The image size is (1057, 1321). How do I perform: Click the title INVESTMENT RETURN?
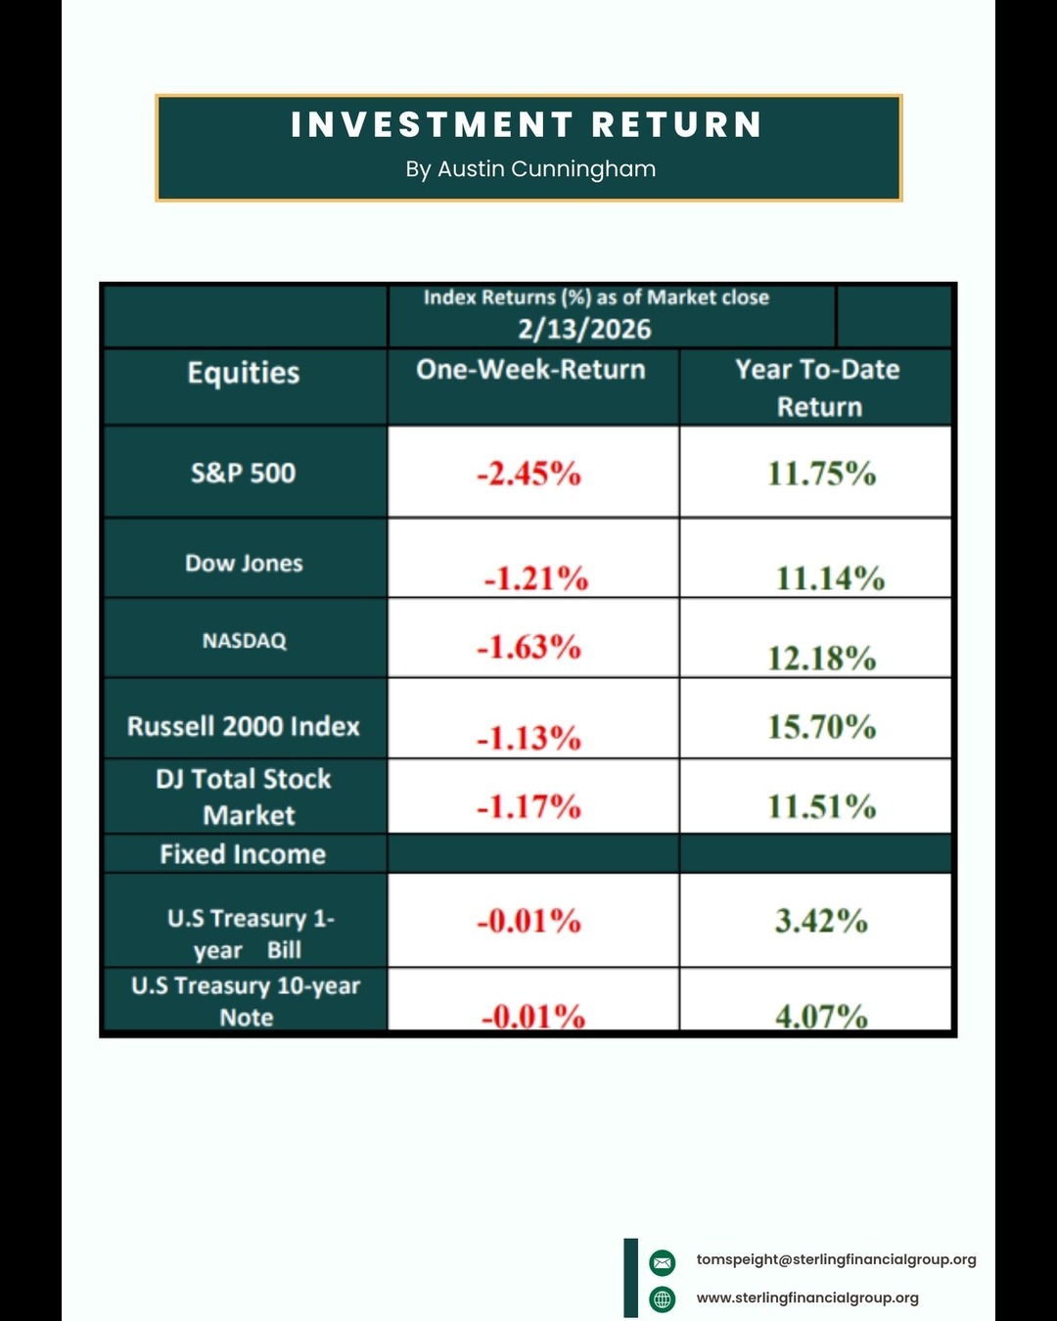click(x=527, y=125)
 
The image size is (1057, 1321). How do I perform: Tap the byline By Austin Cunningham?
click(x=530, y=169)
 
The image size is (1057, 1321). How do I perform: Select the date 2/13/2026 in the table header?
click(x=584, y=329)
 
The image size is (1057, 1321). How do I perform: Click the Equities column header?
click(x=244, y=373)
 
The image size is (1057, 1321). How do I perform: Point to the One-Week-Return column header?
click(x=530, y=370)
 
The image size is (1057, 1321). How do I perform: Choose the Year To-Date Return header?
click(x=817, y=387)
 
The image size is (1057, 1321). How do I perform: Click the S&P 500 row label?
click(x=243, y=474)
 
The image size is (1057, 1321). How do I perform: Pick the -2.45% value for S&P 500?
click(x=528, y=475)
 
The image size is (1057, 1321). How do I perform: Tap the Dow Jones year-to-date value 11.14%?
click(x=830, y=578)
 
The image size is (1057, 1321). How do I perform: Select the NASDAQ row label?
click(x=244, y=641)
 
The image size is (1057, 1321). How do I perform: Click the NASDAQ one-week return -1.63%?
click(x=528, y=648)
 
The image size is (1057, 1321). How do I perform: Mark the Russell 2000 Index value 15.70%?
click(x=821, y=727)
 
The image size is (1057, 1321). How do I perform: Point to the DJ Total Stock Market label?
click(x=245, y=797)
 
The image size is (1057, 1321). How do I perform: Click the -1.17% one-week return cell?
click(x=528, y=807)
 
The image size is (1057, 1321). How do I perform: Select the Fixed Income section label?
click(x=243, y=854)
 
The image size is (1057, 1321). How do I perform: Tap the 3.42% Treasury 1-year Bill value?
click(x=821, y=921)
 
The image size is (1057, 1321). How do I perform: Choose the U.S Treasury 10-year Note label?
click(x=246, y=1000)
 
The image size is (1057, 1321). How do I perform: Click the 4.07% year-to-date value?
click(x=821, y=1017)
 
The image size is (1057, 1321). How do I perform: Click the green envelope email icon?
click(x=663, y=1262)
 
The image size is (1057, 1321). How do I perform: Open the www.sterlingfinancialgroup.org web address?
click(x=807, y=1298)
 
